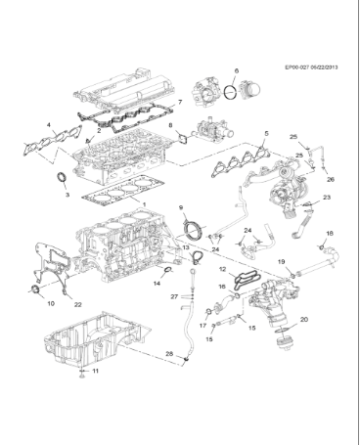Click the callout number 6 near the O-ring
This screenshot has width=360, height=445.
tap(236, 71)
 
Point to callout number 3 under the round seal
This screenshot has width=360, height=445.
tap(66, 195)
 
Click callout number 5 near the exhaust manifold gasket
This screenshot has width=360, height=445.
tap(266, 132)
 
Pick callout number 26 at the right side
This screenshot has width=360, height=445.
tap(330, 180)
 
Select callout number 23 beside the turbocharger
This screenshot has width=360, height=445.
tap(326, 198)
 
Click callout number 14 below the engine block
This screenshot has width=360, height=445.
tap(155, 284)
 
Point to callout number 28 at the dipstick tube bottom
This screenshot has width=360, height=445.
tap(168, 352)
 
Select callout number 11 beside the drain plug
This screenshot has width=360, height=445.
tap(95, 373)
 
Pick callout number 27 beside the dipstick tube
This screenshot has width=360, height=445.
tap(173, 295)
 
